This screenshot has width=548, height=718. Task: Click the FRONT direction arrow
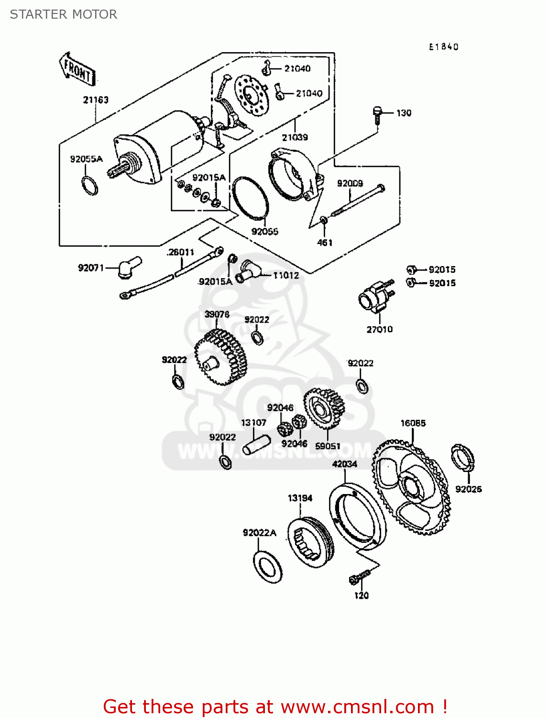[x=77, y=69]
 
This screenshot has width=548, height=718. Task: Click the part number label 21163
[x=96, y=100]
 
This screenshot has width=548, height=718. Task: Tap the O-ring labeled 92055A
[x=89, y=186]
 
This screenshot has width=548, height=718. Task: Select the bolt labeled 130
[x=377, y=114]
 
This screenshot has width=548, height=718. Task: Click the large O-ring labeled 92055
[x=250, y=197]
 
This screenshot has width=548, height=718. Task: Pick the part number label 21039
[x=295, y=137]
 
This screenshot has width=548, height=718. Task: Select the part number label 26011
[x=181, y=252]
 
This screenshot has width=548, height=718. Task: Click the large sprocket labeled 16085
[x=411, y=486]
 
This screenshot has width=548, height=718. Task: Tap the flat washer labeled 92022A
[x=267, y=567]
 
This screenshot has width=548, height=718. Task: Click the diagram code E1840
[x=443, y=47]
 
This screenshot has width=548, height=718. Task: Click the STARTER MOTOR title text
[x=64, y=14]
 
